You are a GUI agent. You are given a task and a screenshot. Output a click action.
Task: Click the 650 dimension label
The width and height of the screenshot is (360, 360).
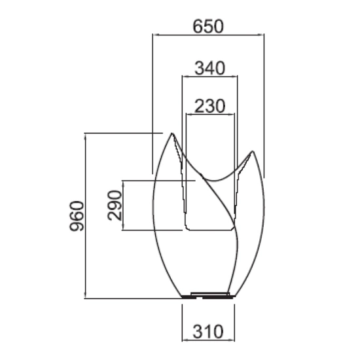pyautogui.click(x=208, y=26)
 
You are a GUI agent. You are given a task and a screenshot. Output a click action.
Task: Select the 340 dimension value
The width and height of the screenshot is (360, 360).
pyautogui.click(x=210, y=68)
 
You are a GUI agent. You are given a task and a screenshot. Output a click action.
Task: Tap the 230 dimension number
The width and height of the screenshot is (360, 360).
pyautogui.click(x=210, y=106)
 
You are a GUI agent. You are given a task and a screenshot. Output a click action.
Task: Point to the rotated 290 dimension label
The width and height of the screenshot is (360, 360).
pyautogui.click(x=115, y=206)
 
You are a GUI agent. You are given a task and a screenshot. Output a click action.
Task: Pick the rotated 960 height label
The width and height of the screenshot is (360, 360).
pyautogui.click(x=77, y=216)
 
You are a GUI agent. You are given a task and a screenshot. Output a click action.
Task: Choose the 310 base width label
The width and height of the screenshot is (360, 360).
pyautogui.click(x=208, y=332)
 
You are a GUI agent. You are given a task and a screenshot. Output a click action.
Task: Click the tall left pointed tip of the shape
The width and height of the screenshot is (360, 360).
pyautogui.click(x=171, y=134)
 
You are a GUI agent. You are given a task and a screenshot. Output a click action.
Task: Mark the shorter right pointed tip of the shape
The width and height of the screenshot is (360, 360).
pyautogui.click(x=252, y=151)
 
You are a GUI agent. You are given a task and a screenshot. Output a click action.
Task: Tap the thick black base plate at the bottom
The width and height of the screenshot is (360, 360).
pyautogui.click(x=208, y=297)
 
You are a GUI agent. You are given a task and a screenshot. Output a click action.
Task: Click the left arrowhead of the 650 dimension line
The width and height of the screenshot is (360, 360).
pyautogui.click(x=156, y=35)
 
